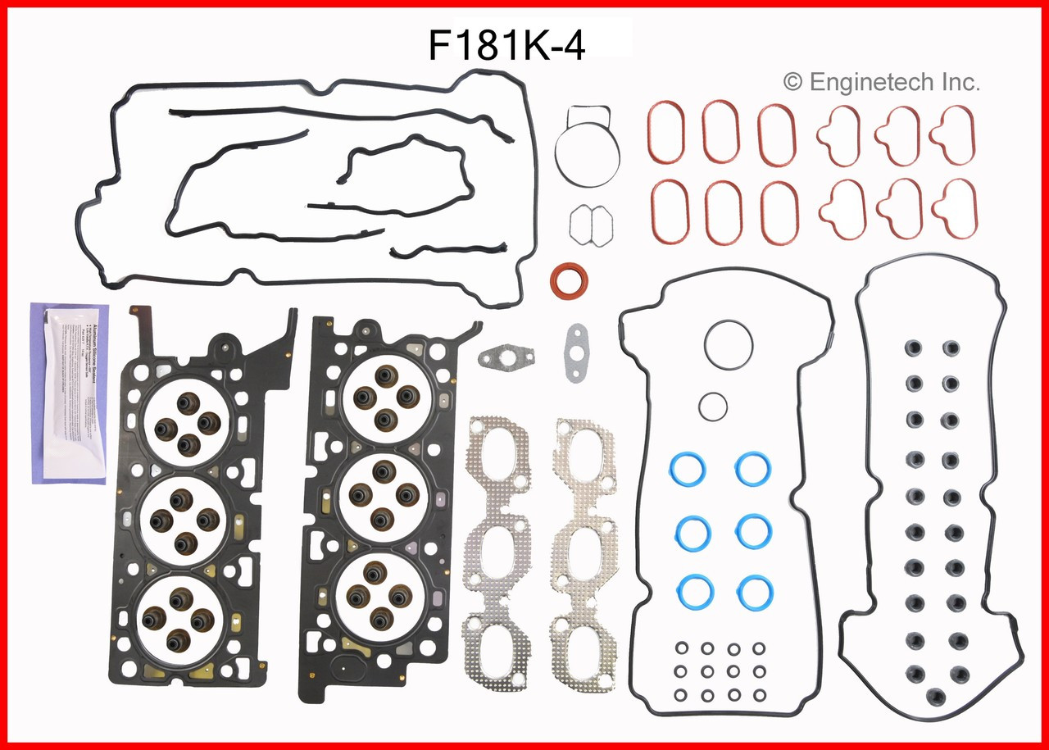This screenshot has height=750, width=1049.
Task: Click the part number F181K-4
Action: [506, 47]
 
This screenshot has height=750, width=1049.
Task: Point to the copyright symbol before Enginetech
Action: [792, 82]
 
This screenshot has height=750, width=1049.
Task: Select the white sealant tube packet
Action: [69, 393]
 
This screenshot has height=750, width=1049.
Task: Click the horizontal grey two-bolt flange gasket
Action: [506, 357]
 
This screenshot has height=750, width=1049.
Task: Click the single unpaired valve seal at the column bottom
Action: [933, 698]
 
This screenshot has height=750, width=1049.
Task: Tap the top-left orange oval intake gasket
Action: [670, 130]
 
